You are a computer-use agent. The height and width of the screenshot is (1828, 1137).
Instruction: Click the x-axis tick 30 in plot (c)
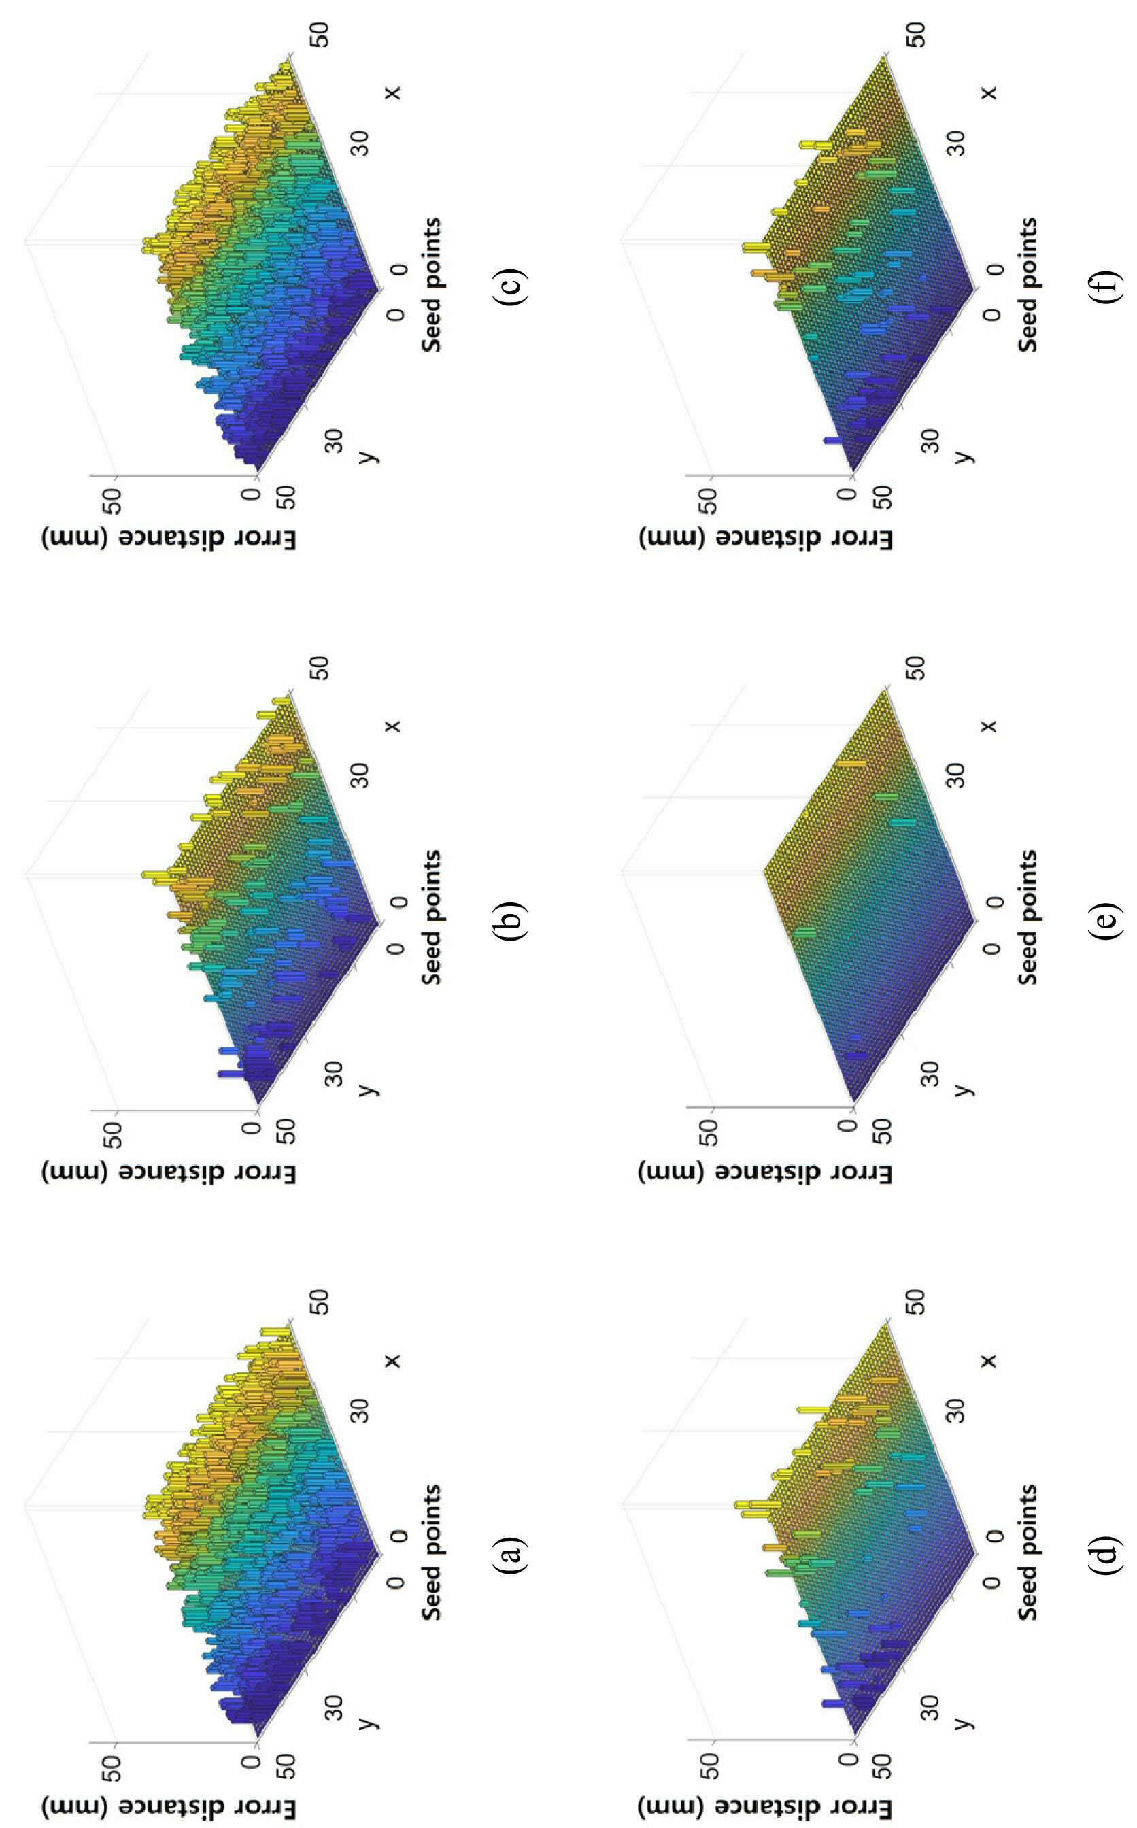362,143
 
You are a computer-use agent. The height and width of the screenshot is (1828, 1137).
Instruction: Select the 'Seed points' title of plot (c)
431,284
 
